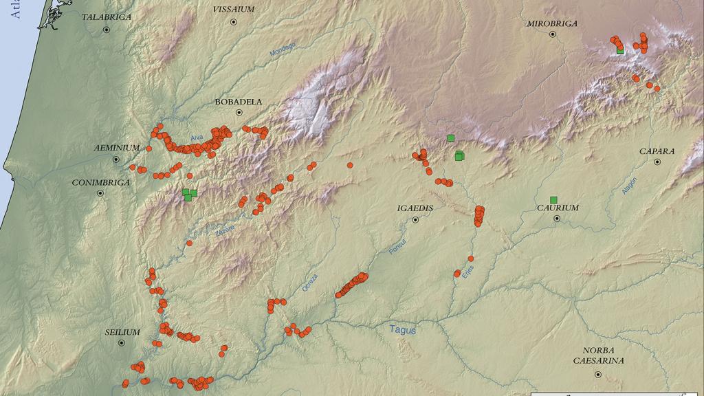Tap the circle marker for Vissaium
click(x=234, y=22)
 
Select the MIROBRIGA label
click(x=552, y=23)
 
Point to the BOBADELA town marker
click(x=239, y=112)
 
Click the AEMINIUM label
click(x=117, y=148)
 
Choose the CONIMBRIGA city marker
click(x=100, y=193)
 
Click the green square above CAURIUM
click(x=553, y=200)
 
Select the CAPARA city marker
click(x=657, y=162)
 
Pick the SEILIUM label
click(x=122, y=332)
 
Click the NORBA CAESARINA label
click(x=599, y=355)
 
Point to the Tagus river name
click(x=403, y=330)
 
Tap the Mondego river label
click(x=283, y=55)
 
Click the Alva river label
click(x=197, y=138)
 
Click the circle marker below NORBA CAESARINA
click(x=598, y=374)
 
